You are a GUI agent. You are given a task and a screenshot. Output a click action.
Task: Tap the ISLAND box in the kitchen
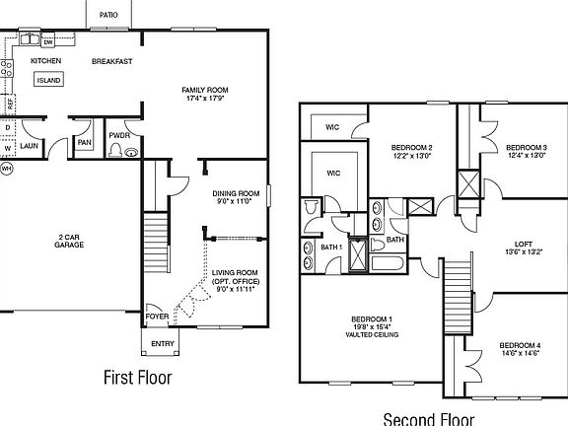48,80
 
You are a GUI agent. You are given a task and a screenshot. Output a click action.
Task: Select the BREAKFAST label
112,61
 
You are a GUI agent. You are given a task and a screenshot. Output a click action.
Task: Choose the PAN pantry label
85,142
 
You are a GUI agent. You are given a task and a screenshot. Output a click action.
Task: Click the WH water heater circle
6,169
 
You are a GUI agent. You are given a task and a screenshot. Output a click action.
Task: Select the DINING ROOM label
236,193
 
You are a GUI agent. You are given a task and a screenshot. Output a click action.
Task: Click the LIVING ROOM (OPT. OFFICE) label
236,279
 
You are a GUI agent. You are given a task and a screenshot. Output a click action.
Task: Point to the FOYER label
157,317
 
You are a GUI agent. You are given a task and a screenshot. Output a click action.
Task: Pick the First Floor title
137,378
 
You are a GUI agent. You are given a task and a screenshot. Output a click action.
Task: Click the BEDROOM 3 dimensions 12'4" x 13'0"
527,155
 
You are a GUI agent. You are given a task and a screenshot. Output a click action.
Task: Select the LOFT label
524,244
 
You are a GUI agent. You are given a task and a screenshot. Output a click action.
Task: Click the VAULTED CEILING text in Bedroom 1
372,334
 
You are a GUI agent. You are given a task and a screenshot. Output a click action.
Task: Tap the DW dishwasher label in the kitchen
47,42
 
